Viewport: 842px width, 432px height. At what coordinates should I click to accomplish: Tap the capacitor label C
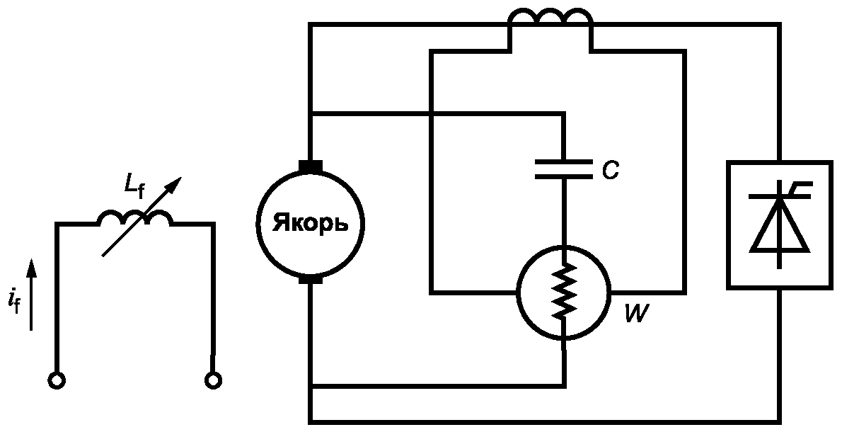[x=610, y=170]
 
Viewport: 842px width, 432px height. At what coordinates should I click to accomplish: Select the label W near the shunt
[x=637, y=313]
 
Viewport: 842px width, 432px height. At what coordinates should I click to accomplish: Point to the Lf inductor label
[x=134, y=185]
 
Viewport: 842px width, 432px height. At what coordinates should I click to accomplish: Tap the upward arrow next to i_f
[x=32, y=295]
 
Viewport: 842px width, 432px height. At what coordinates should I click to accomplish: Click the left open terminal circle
[x=56, y=380]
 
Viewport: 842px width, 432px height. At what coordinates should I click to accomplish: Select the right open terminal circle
[x=213, y=380]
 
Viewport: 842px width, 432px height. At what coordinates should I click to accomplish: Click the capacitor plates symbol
[x=563, y=169]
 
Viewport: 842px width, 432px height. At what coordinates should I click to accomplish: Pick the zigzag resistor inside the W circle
[x=563, y=290]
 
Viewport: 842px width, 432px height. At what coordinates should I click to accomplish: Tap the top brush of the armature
[x=311, y=166]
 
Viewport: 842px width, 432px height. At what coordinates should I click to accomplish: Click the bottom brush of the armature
[x=311, y=280]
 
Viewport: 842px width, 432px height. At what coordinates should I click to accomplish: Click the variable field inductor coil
[x=134, y=217]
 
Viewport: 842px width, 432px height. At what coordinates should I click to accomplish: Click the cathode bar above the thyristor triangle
[x=780, y=197]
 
